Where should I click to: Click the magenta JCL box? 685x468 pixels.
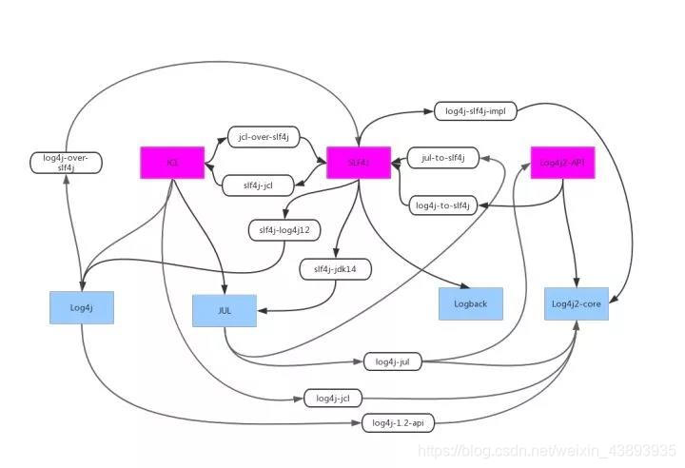172,163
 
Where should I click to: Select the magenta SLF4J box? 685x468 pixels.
359,163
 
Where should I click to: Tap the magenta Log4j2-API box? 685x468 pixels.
562,163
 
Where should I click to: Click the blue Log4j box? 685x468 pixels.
81,307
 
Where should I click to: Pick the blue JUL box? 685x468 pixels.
225,310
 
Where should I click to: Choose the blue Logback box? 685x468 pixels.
470,303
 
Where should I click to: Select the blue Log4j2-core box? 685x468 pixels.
577,303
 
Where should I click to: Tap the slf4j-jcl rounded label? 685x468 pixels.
258,185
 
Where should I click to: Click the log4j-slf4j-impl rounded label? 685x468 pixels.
475,111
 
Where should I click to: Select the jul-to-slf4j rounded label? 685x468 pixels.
442,157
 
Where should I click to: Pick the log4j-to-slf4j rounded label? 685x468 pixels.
443,205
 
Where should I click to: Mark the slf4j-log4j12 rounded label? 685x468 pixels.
284,229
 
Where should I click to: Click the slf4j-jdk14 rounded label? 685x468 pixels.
335,269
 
